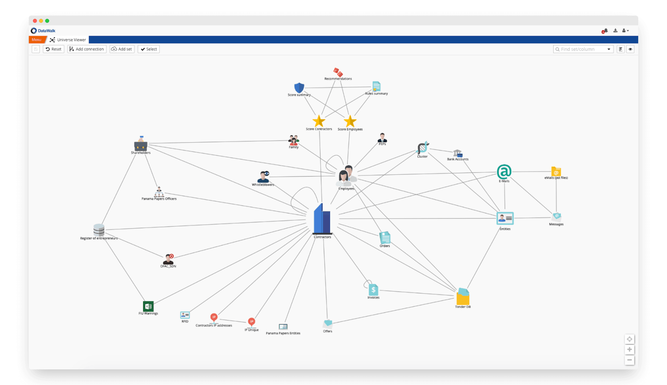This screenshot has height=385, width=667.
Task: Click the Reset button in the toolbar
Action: pyautogui.click(x=53, y=49)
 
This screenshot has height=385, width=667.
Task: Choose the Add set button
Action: pyautogui.click(x=122, y=49)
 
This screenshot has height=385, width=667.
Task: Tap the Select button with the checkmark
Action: pyautogui.click(x=149, y=49)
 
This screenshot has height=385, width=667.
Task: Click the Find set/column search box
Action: pyautogui.click(x=580, y=49)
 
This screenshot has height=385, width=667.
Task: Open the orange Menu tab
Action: pyautogui.click(x=36, y=40)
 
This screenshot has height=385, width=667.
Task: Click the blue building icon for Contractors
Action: pyautogui.click(x=322, y=219)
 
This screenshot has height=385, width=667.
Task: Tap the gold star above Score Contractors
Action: pyautogui.click(x=319, y=121)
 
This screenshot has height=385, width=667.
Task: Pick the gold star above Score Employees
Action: pyautogui.click(x=350, y=121)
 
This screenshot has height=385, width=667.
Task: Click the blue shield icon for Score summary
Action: pyautogui.click(x=299, y=88)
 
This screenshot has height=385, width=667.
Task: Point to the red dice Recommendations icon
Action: pyautogui.click(x=338, y=73)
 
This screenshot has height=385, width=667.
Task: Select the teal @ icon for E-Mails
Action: pyautogui.click(x=504, y=172)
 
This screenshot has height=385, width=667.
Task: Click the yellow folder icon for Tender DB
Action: pyautogui.click(x=463, y=297)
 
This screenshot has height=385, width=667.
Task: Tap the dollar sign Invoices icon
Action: pyautogui.click(x=373, y=290)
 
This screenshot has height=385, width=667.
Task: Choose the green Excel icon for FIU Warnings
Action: pyautogui.click(x=148, y=306)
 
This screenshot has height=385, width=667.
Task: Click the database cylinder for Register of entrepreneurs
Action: pyautogui.click(x=99, y=230)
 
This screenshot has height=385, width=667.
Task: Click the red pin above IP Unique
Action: pyautogui.click(x=251, y=322)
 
